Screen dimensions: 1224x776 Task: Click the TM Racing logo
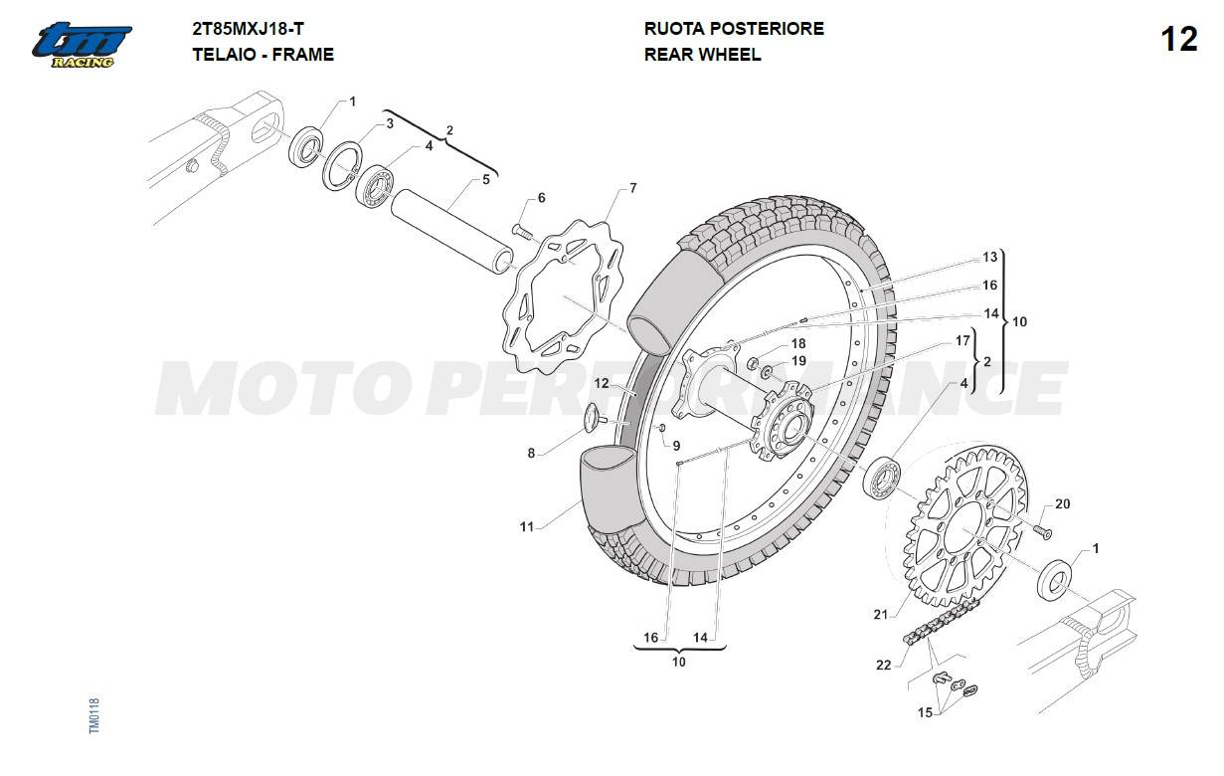point(82,45)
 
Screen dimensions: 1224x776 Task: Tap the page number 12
point(1179,40)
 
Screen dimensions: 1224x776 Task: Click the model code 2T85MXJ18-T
point(248,29)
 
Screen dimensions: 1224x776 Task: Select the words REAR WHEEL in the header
point(702,55)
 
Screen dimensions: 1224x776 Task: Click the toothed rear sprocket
point(964,526)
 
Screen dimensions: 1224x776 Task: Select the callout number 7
point(632,188)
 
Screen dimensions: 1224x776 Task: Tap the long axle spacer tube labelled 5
point(452,232)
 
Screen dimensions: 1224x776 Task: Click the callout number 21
point(880,615)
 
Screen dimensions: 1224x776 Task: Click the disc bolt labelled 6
point(522,232)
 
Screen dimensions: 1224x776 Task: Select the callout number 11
point(526,526)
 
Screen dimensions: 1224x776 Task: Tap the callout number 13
point(989,257)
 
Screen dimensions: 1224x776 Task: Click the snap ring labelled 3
point(341,166)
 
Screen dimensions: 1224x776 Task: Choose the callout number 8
point(531,454)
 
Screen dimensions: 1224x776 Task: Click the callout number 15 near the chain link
point(925,712)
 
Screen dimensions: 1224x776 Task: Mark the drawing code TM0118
point(94,716)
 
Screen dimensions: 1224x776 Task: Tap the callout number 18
point(798,343)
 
